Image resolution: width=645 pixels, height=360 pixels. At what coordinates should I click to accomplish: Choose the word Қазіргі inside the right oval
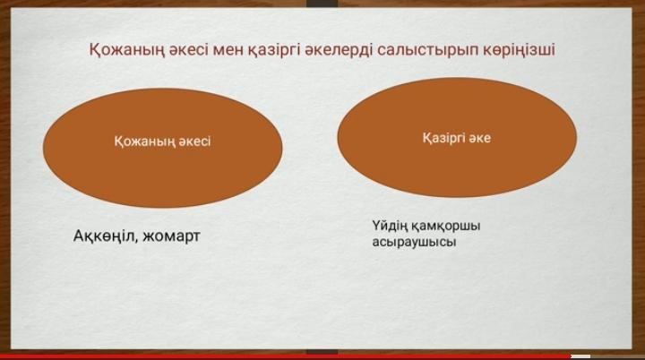tap(443, 139)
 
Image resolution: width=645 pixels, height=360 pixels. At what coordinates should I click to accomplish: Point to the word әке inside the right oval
tap(479, 138)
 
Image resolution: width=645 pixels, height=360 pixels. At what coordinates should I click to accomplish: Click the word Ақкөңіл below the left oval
tap(104, 236)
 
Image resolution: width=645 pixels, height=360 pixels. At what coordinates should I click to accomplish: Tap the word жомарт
tap(170, 236)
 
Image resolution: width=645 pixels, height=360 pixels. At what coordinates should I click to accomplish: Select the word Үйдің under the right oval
tap(390, 227)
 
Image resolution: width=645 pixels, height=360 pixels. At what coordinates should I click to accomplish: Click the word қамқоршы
tap(445, 227)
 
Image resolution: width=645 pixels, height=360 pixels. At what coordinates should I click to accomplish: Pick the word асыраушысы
tap(414, 242)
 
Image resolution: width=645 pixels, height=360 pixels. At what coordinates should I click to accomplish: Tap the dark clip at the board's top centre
tap(322, 4)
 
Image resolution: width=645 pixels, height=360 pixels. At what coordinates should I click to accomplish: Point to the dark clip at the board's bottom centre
tap(322, 352)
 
